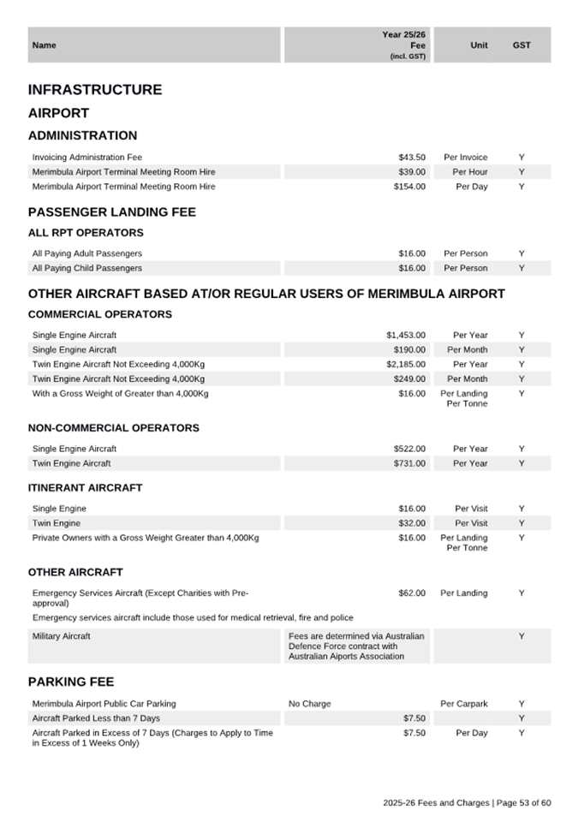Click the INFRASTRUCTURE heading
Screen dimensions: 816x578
(95, 90)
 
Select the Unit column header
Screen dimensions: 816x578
(479, 45)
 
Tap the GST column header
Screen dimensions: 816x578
(521, 45)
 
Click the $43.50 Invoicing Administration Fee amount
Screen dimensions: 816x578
(412, 158)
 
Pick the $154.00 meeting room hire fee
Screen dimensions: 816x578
(409, 187)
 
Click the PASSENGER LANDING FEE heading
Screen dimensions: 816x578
(112, 212)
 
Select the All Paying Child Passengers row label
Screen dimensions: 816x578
(87, 268)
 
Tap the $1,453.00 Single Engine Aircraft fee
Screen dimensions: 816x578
(406, 336)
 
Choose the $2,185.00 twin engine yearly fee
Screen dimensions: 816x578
(406, 365)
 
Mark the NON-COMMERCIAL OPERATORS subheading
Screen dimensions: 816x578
(114, 428)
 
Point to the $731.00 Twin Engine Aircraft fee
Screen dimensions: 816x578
(409, 464)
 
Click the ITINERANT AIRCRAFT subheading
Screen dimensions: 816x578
(86, 488)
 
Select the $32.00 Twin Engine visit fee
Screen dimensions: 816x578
(412, 523)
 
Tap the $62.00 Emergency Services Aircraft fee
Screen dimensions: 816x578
(412, 593)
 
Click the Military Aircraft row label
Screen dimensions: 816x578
(61, 636)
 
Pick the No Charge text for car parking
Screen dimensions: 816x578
(310, 704)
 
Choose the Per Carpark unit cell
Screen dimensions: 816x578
(464, 704)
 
